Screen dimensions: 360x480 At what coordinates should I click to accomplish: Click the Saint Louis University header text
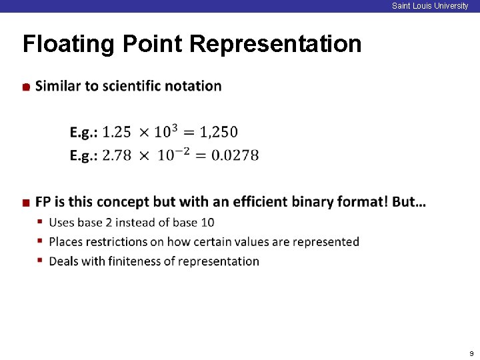(x=430, y=6)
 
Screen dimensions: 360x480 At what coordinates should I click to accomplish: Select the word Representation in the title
(x=275, y=44)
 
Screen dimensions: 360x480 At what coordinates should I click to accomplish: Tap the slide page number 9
(x=471, y=353)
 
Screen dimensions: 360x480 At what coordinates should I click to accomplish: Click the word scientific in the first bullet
(x=133, y=86)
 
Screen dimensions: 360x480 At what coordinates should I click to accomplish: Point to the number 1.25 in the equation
(x=117, y=132)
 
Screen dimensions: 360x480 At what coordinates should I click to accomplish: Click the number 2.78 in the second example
(x=117, y=155)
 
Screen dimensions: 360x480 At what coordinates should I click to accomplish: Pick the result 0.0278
(x=235, y=155)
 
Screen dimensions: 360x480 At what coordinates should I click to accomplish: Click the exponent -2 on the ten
(x=181, y=151)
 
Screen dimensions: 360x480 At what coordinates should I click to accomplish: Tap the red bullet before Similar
(x=25, y=87)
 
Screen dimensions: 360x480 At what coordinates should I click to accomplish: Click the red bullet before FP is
(x=25, y=203)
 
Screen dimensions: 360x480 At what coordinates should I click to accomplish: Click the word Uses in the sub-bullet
(x=62, y=222)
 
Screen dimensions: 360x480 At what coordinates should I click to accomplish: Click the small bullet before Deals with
(x=41, y=261)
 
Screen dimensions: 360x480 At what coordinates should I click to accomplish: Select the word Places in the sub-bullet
(x=66, y=241)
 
